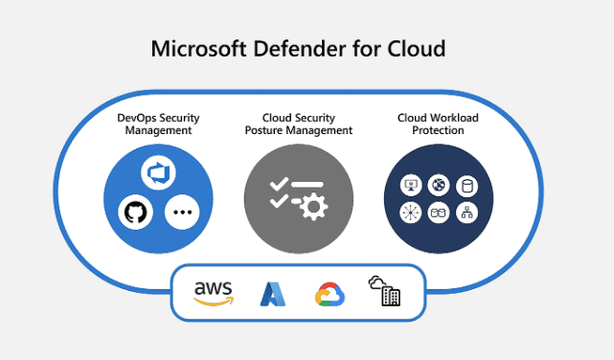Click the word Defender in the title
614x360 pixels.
(x=300, y=49)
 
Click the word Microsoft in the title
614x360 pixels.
(x=199, y=49)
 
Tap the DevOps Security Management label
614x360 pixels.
(x=158, y=124)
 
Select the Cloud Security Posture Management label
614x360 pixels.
(x=299, y=124)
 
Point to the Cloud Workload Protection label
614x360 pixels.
(x=438, y=124)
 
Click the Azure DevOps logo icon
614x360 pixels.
(x=159, y=172)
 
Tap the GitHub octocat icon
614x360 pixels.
(x=135, y=213)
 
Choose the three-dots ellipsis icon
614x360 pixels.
(x=182, y=213)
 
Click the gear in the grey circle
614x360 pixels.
(x=313, y=206)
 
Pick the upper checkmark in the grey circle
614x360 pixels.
(x=279, y=184)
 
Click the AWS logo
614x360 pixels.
(x=214, y=294)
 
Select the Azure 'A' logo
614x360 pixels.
(x=273, y=294)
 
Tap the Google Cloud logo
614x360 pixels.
(x=330, y=294)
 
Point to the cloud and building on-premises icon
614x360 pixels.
(x=384, y=291)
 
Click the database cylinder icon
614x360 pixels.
(x=467, y=186)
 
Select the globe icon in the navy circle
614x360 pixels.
(x=439, y=185)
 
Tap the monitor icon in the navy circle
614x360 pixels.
(x=411, y=185)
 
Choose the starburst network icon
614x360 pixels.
(x=411, y=213)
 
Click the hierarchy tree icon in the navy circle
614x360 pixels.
(x=467, y=213)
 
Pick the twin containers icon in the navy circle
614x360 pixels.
(x=439, y=213)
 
